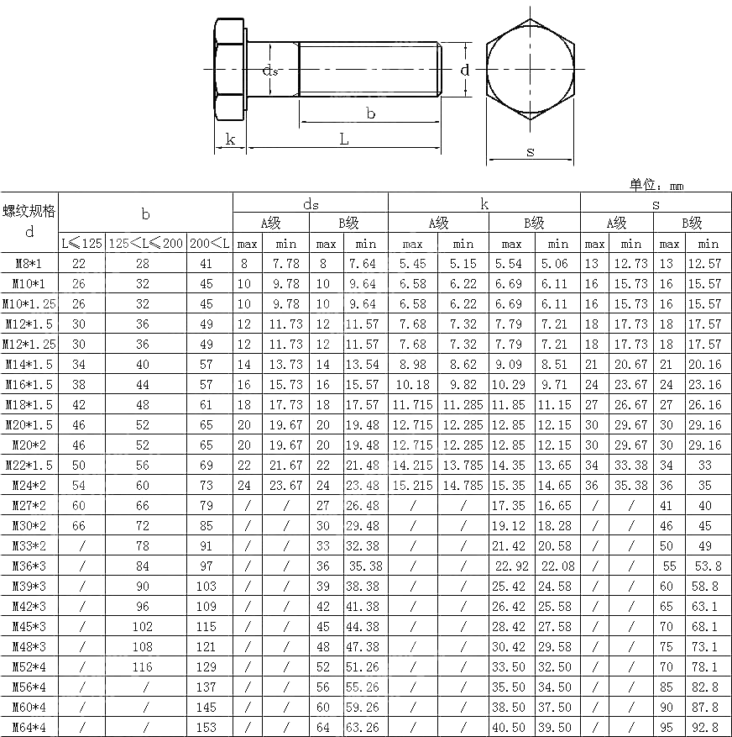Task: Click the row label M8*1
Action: [29, 264]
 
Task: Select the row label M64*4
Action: [29, 728]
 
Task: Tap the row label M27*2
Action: [29, 506]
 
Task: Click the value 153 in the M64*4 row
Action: [206, 728]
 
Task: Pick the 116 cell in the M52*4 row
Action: [142, 667]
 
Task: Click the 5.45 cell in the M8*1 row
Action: [412, 264]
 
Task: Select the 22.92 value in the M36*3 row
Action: [511, 566]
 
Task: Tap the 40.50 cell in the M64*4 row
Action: [511, 728]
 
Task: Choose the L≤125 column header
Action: [81, 244]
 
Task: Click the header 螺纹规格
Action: [29, 211]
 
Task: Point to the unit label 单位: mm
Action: [656, 185]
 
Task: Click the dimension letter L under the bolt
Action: [344, 140]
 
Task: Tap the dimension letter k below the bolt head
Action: [230, 140]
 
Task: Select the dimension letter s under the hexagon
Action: [530, 152]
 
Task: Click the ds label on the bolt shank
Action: [270, 71]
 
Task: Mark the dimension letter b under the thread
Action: [370, 113]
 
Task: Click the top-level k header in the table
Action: [484, 203]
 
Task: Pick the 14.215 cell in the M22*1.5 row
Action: [412, 466]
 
